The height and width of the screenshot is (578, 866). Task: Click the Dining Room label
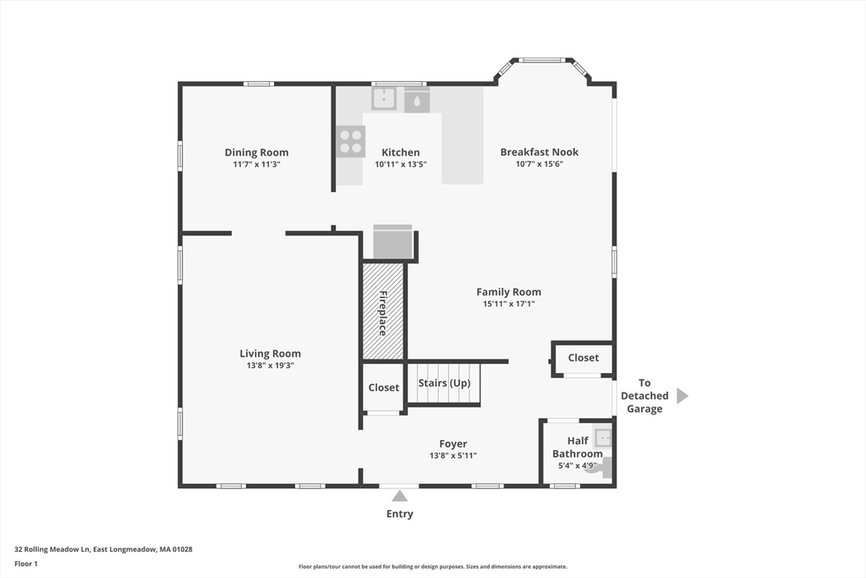[x=256, y=152]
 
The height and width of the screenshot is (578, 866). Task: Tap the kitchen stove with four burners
[x=351, y=141]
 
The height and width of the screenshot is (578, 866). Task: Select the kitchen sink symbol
[x=384, y=99]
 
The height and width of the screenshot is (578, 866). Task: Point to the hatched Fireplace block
[x=383, y=311]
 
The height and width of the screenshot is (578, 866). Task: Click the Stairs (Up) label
[x=444, y=383]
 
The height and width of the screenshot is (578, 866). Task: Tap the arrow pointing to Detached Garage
[x=682, y=396]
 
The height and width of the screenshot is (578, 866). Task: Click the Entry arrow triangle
[x=399, y=495]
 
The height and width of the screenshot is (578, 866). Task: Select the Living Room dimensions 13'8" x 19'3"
[x=270, y=366]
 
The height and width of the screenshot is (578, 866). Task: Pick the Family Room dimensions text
[x=508, y=303]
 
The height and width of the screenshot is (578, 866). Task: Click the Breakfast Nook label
[x=540, y=151]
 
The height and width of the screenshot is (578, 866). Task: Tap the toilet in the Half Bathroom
[x=599, y=467]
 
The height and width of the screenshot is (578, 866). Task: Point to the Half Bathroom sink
[x=602, y=438]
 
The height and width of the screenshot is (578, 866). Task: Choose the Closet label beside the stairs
[x=384, y=388]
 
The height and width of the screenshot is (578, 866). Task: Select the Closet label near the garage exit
[x=584, y=357]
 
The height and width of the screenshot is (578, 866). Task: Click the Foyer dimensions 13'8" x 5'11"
[x=453, y=455]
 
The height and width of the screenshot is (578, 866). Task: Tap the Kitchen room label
[x=400, y=152]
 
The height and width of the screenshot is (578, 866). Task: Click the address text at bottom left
[x=103, y=549]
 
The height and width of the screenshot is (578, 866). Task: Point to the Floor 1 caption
[x=26, y=564]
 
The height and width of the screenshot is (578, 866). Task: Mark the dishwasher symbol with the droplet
[x=417, y=100]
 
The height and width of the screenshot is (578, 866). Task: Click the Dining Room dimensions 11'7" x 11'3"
[x=256, y=164]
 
